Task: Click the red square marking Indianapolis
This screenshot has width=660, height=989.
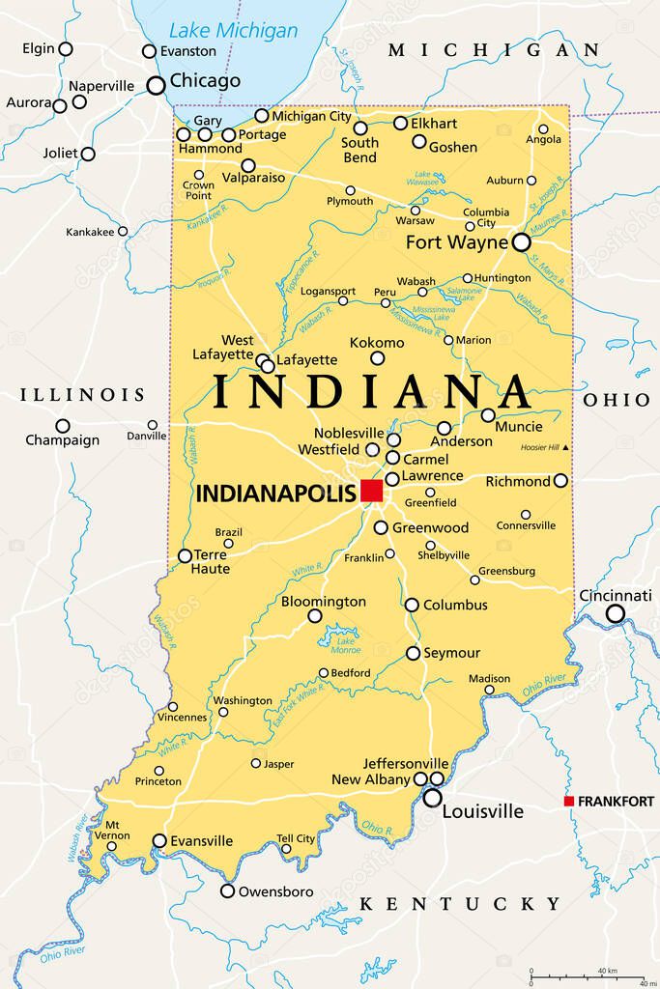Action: point(372,491)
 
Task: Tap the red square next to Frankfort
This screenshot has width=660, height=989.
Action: point(570,801)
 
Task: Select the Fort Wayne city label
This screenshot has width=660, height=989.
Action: point(456,242)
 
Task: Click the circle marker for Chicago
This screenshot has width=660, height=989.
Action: point(156,85)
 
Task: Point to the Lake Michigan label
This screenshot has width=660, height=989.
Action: point(233,30)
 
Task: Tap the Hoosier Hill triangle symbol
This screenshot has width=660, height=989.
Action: point(566,447)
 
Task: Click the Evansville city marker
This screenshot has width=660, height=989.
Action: point(159,840)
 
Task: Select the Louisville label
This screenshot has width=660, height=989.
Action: point(482,811)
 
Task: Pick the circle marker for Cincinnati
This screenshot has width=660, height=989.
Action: point(615,613)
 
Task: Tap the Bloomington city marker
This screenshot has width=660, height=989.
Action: point(315,615)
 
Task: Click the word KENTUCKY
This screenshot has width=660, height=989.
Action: point(460,904)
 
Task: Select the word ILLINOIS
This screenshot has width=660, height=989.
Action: point(82,395)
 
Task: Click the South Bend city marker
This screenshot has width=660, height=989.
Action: point(360,127)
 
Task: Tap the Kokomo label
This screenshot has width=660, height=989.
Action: point(377,342)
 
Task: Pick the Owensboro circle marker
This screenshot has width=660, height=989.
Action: point(227,890)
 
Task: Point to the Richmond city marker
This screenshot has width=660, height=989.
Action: point(560,480)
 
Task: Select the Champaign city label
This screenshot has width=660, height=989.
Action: point(62,439)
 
